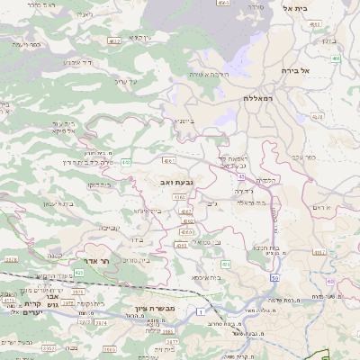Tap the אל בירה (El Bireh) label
point(319,69)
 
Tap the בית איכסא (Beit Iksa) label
point(206,278)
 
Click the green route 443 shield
point(125,162)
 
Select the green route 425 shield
point(78,270)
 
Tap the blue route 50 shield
point(274,279)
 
